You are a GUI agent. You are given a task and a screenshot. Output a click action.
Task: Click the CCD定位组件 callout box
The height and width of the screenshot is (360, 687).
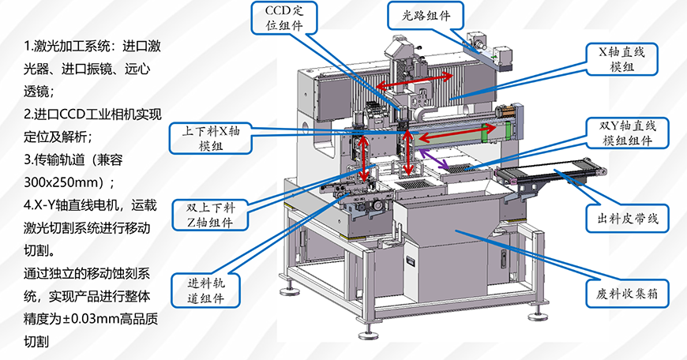284,17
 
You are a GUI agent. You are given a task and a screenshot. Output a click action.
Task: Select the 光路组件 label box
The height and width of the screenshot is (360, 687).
426,16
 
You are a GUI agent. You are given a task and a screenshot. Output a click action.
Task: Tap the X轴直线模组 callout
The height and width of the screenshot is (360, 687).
622,59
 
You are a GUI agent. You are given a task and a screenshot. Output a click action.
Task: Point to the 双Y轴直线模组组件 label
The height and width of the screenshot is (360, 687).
628,133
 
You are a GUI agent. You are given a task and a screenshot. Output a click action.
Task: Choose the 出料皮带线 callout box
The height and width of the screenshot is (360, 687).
628,218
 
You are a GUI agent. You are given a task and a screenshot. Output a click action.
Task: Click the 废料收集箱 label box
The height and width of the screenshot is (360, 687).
628,293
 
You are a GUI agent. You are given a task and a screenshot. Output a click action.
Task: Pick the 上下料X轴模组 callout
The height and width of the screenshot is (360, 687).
211,138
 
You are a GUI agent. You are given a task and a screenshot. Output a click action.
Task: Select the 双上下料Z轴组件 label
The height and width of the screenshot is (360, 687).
211,215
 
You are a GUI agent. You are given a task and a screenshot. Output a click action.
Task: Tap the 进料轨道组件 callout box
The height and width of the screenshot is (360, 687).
206,291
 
